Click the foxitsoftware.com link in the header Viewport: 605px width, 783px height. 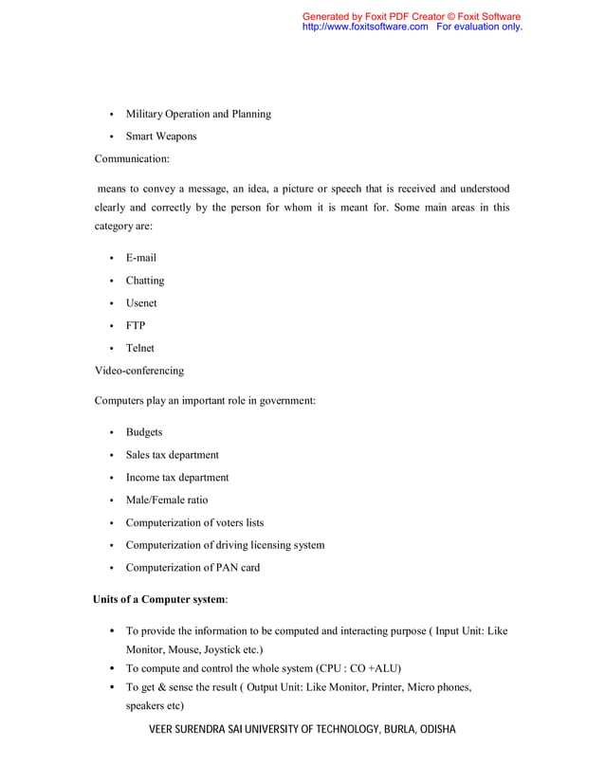pyautogui.click(x=365, y=27)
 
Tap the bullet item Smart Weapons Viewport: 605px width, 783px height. pyautogui.click(x=161, y=137)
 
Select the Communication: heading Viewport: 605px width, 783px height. pyautogui.click(x=132, y=159)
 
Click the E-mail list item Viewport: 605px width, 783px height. pyautogui.click(x=141, y=258)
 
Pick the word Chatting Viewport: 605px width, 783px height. pyautogui.click(x=145, y=281)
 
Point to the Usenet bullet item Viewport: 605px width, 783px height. pyautogui.click(x=141, y=303)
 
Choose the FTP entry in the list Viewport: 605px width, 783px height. pyautogui.click(x=136, y=326)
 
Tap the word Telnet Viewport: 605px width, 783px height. pyautogui.click(x=140, y=348)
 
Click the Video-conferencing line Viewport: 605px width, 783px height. pyautogui.click(x=139, y=371)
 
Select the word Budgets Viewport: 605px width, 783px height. pyautogui.click(x=144, y=432)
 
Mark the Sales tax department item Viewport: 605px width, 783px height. pyautogui.click(x=173, y=455)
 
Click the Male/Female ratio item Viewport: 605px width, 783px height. pyautogui.click(x=167, y=500)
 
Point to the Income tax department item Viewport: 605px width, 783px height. pyautogui.click(x=177, y=478)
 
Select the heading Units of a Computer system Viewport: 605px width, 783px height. pyautogui.click(x=159, y=600)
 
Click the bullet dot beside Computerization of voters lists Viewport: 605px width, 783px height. pyautogui.click(x=112, y=523)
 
